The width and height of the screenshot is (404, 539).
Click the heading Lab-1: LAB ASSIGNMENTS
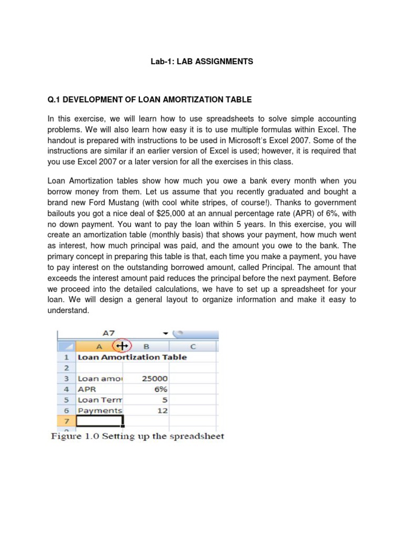tap(201, 62)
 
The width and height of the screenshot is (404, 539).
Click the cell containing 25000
tap(154, 378)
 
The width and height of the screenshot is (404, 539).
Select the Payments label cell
tap(99, 410)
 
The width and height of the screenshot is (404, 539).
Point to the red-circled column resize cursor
tap(123, 346)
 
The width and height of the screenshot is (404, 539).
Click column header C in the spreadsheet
tap(193, 346)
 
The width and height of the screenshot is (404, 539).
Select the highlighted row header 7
tap(66, 421)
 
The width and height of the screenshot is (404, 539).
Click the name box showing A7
tap(108, 333)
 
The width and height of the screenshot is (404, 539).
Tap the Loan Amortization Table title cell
tap(132, 357)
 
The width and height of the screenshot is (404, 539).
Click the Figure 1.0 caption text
tap(137, 436)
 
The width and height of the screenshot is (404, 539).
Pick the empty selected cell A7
tap(99, 421)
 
